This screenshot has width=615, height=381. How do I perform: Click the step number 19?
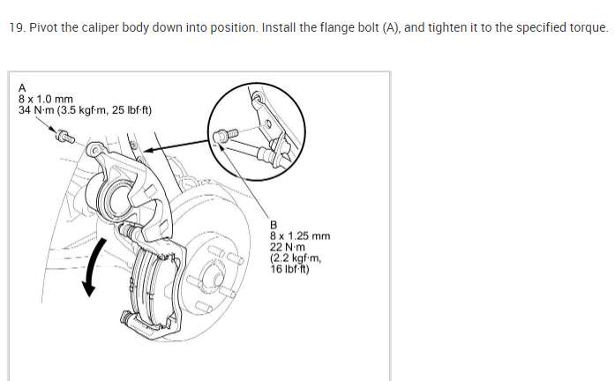[15, 27]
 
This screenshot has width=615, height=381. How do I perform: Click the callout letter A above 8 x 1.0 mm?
[22, 88]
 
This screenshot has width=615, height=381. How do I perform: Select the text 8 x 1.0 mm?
[46, 99]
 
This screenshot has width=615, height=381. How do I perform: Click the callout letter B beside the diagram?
[274, 225]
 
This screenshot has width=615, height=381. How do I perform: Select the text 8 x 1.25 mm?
[300, 235]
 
